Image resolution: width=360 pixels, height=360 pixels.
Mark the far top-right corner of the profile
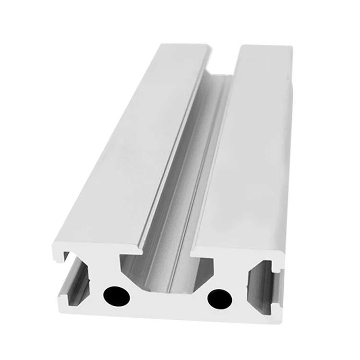tap(291, 47)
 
